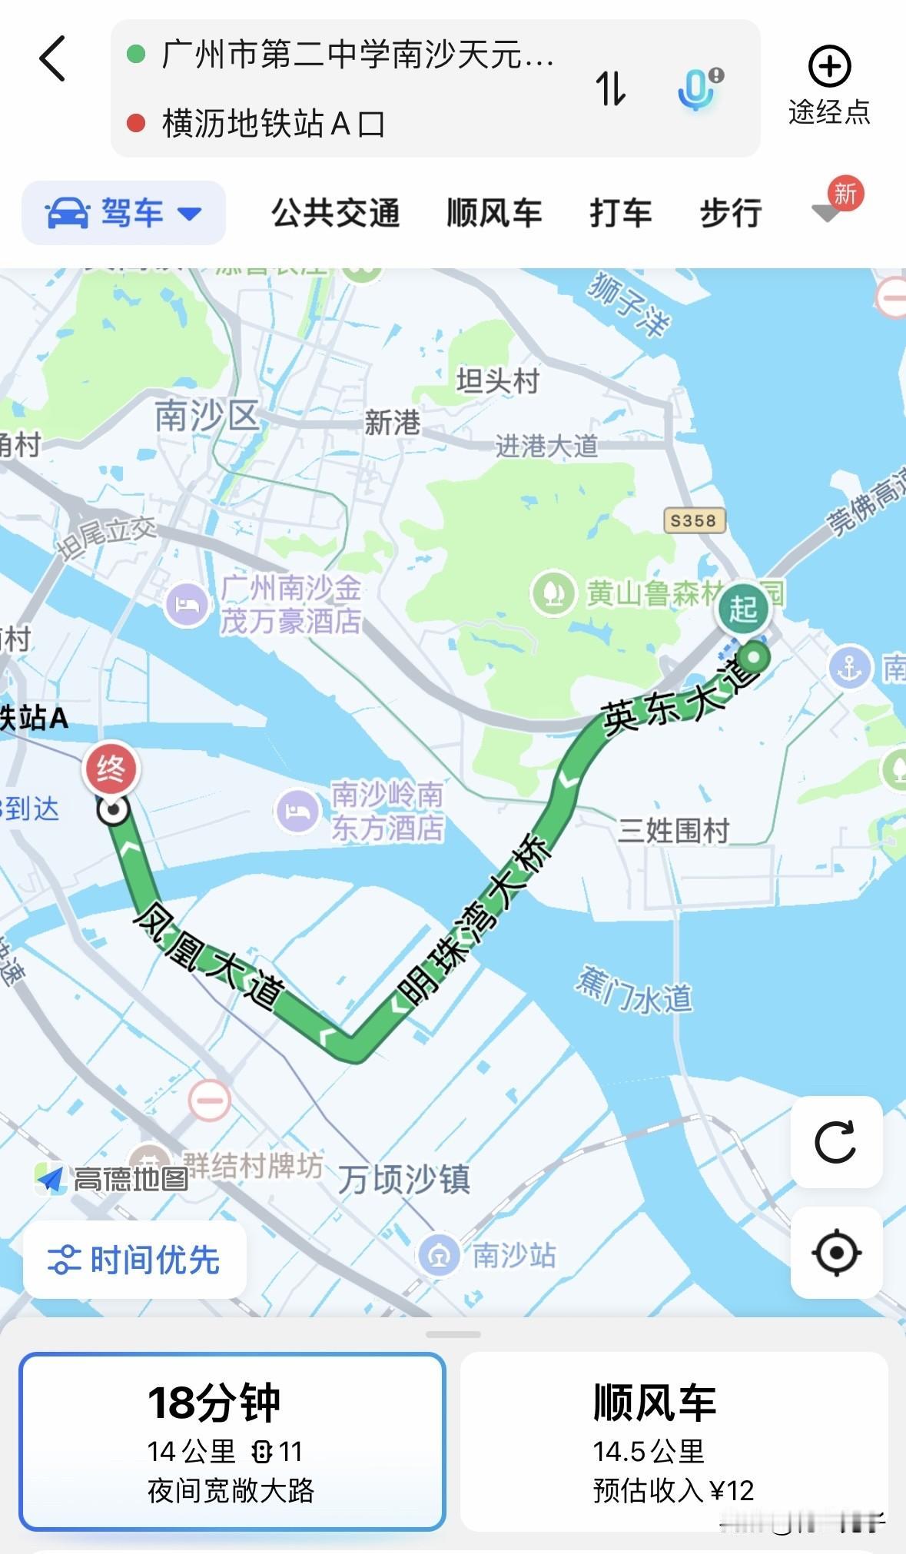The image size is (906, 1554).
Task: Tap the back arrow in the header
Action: [x=52, y=58]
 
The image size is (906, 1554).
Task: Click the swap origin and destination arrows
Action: [x=611, y=88]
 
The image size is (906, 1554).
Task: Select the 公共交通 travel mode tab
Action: [x=336, y=213]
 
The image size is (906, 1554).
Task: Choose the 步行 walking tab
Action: [x=730, y=213]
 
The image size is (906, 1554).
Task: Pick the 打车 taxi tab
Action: [x=620, y=213]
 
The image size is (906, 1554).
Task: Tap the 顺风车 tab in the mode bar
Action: [x=494, y=213]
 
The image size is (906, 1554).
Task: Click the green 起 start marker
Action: [x=743, y=608]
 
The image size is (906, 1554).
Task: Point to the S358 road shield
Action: [x=693, y=520]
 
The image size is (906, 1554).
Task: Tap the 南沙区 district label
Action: [x=206, y=417]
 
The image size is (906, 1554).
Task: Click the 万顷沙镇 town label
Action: [x=404, y=1179]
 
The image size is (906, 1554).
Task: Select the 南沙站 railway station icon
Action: [x=439, y=1255]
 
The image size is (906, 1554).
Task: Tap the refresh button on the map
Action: [x=836, y=1142]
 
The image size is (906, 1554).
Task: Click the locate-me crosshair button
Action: [x=836, y=1253]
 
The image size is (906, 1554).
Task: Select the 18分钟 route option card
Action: [x=232, y=1441]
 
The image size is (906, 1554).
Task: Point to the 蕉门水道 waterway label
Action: [x=634, y=991]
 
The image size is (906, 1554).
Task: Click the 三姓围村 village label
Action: [x=674, y=831]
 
